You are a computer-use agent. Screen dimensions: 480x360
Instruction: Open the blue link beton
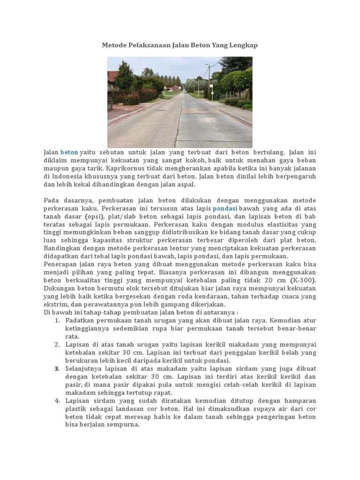click(x=69, y=152)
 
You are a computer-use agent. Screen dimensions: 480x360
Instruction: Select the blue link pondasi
click(x=225, y=208)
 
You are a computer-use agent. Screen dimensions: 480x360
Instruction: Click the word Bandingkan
click(x=64, y=248)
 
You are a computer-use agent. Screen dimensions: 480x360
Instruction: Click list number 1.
click(x=57, y=320)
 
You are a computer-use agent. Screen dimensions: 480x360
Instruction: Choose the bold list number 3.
click(x=57, y=368)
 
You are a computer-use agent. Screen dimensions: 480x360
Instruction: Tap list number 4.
click(x=57, y=401)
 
